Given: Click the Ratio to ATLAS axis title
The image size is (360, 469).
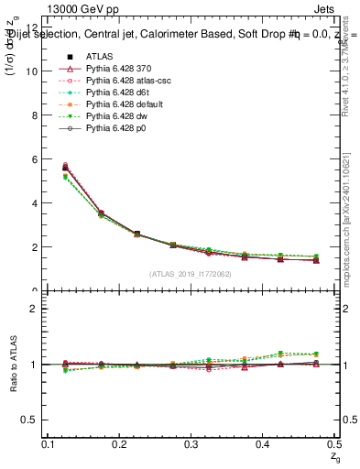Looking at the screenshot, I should [x=14, y=366].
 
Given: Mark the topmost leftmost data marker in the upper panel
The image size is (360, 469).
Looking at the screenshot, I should [x=64, y=166].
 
